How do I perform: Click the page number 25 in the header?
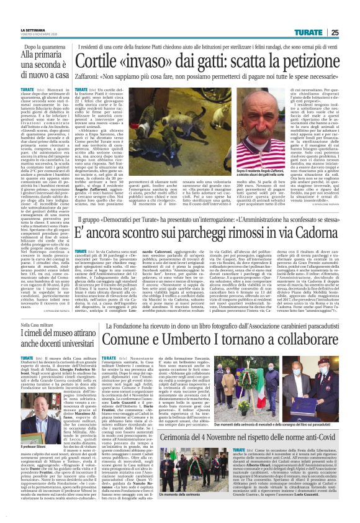[x=335, y=32]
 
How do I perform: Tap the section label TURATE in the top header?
[x=308, y=32]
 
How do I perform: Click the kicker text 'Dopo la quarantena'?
[x=43, y=47]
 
